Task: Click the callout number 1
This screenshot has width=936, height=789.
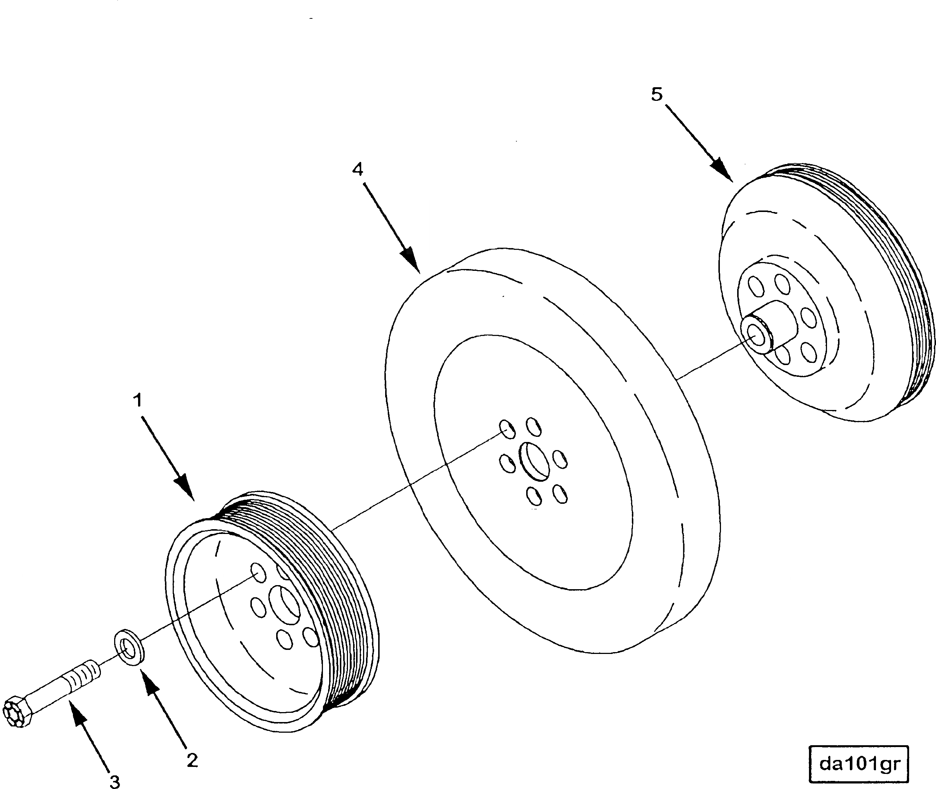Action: [x=138, y=400]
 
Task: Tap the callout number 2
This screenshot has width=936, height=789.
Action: [x=192, y=760]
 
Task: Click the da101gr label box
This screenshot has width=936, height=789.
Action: [x=859, y=764]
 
